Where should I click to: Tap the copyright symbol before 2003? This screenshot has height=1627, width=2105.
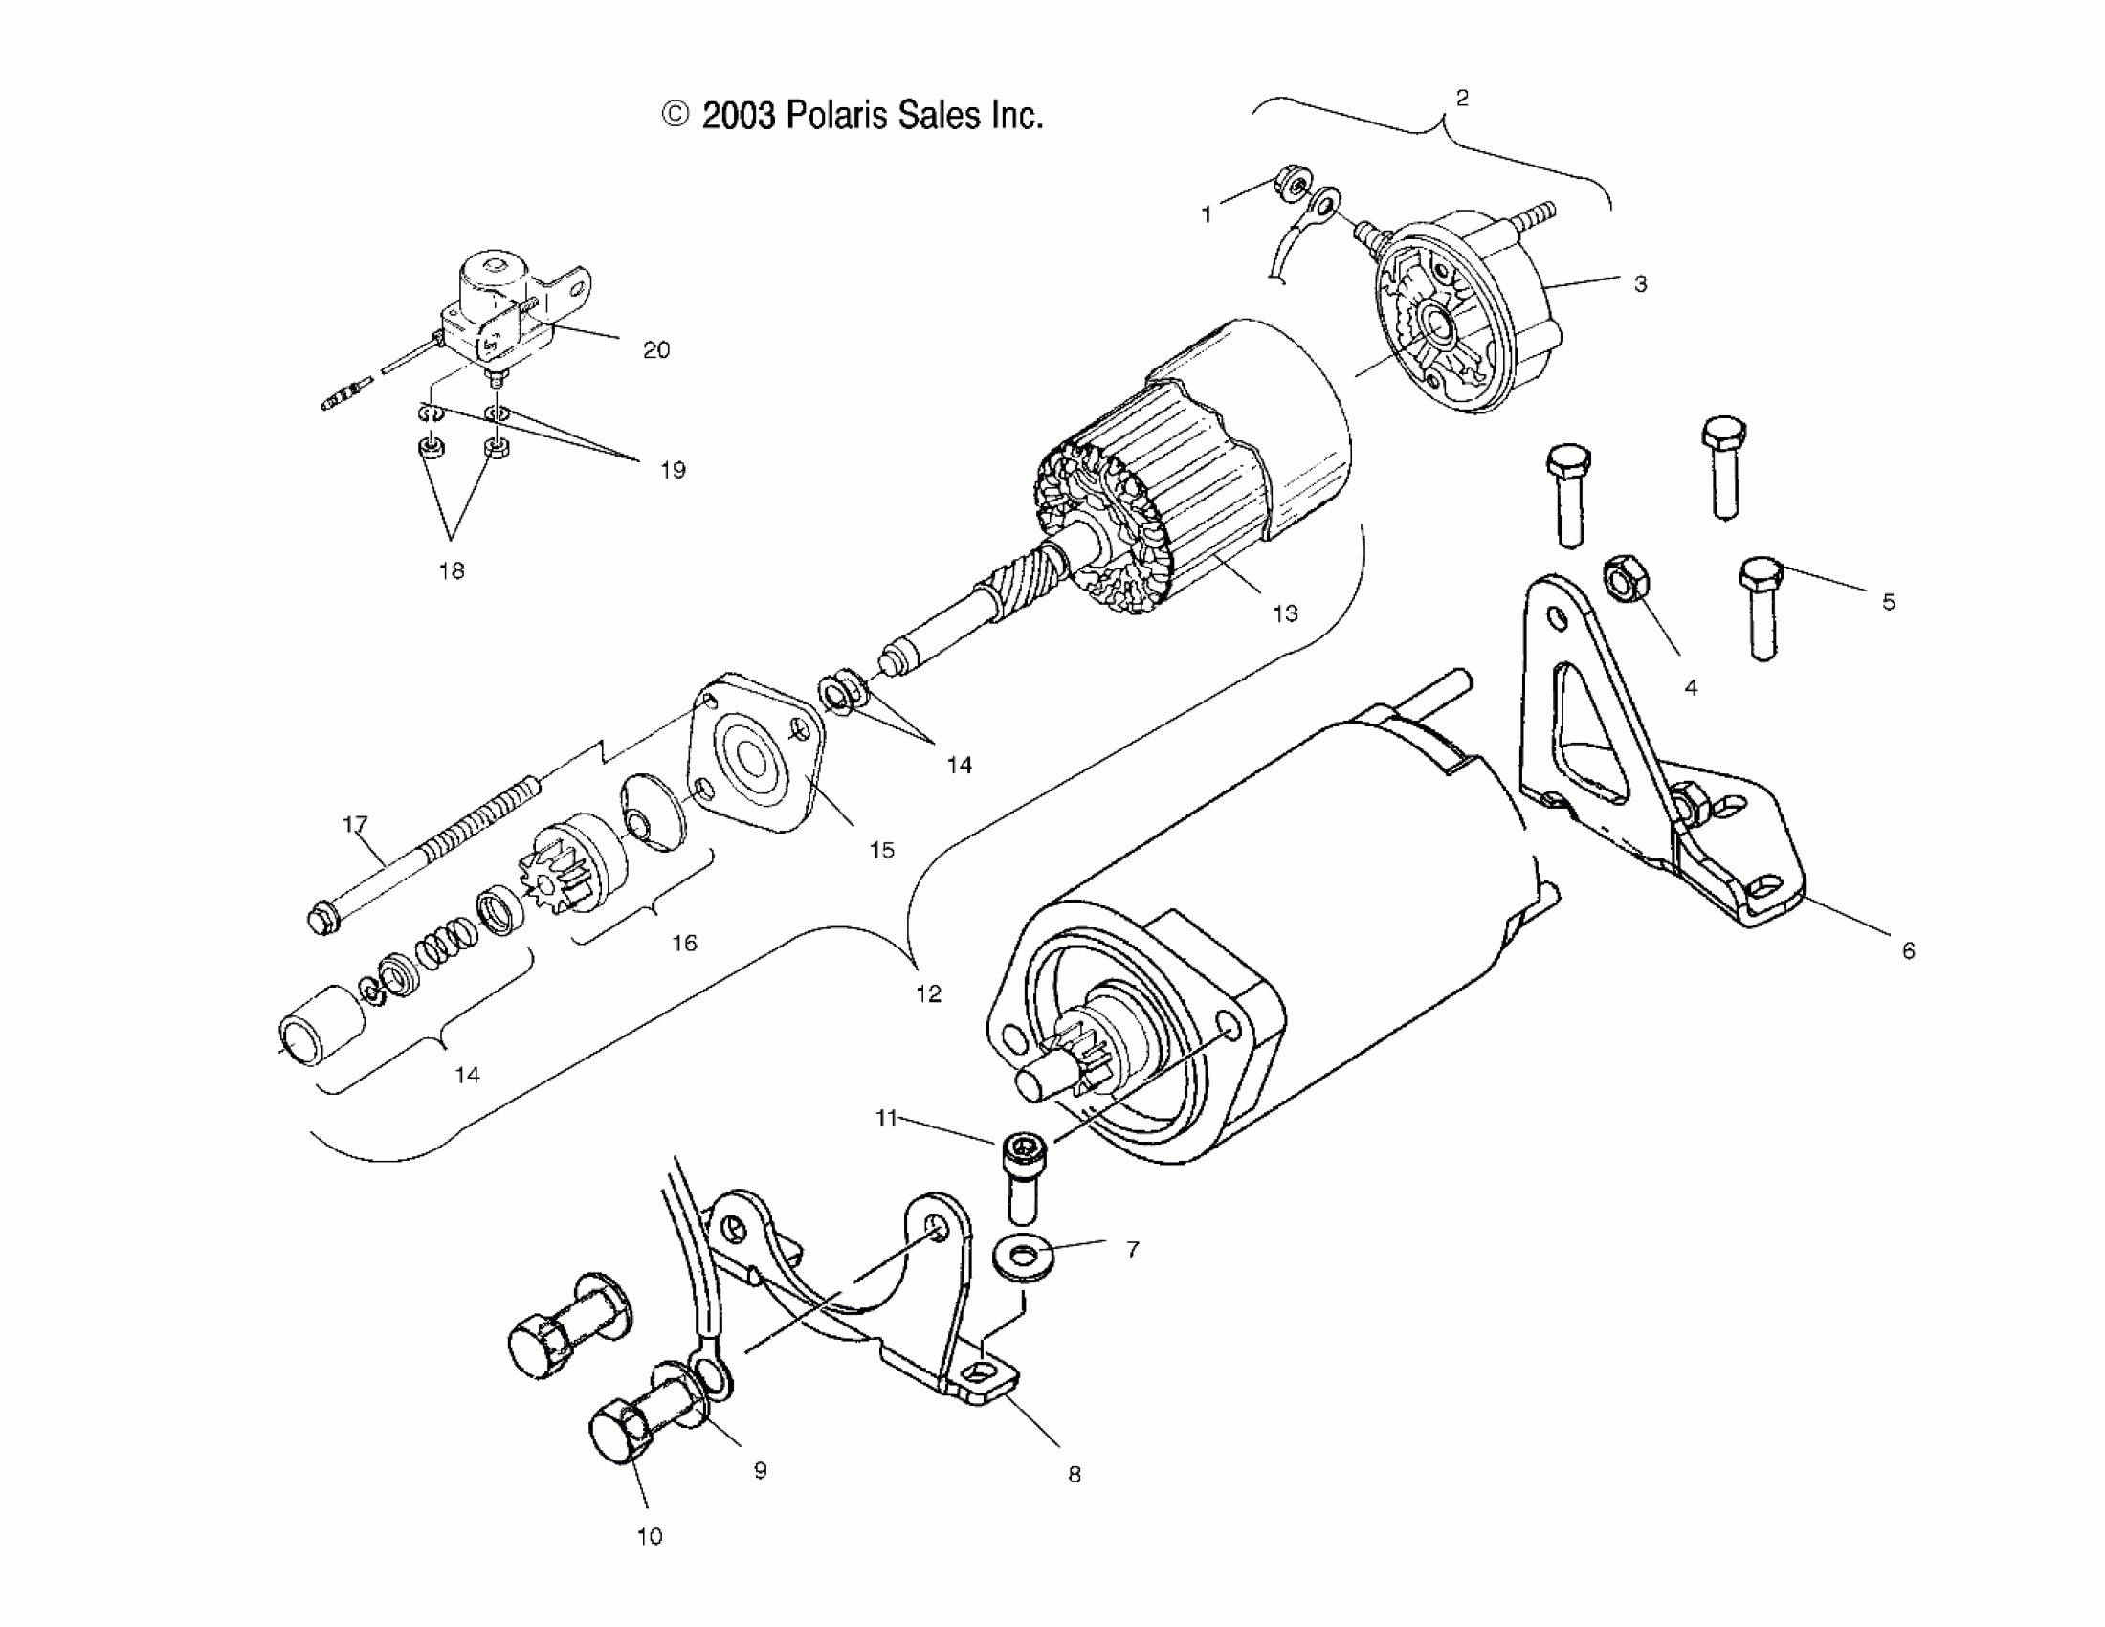(x=676, y=116)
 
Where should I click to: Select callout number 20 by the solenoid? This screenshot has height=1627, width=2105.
(x=656, y=350)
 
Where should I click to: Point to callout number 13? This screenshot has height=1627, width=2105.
(x=1285, y=614)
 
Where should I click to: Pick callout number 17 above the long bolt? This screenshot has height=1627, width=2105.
(x=356, y=824)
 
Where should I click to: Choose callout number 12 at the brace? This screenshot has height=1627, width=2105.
(x=928, y=993)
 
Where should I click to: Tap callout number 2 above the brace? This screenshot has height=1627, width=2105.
(x=1462, y=98)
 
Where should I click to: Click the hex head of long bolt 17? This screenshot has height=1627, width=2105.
(x=321, y=919)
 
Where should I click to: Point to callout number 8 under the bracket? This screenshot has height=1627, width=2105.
(x=1075, y=1474)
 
